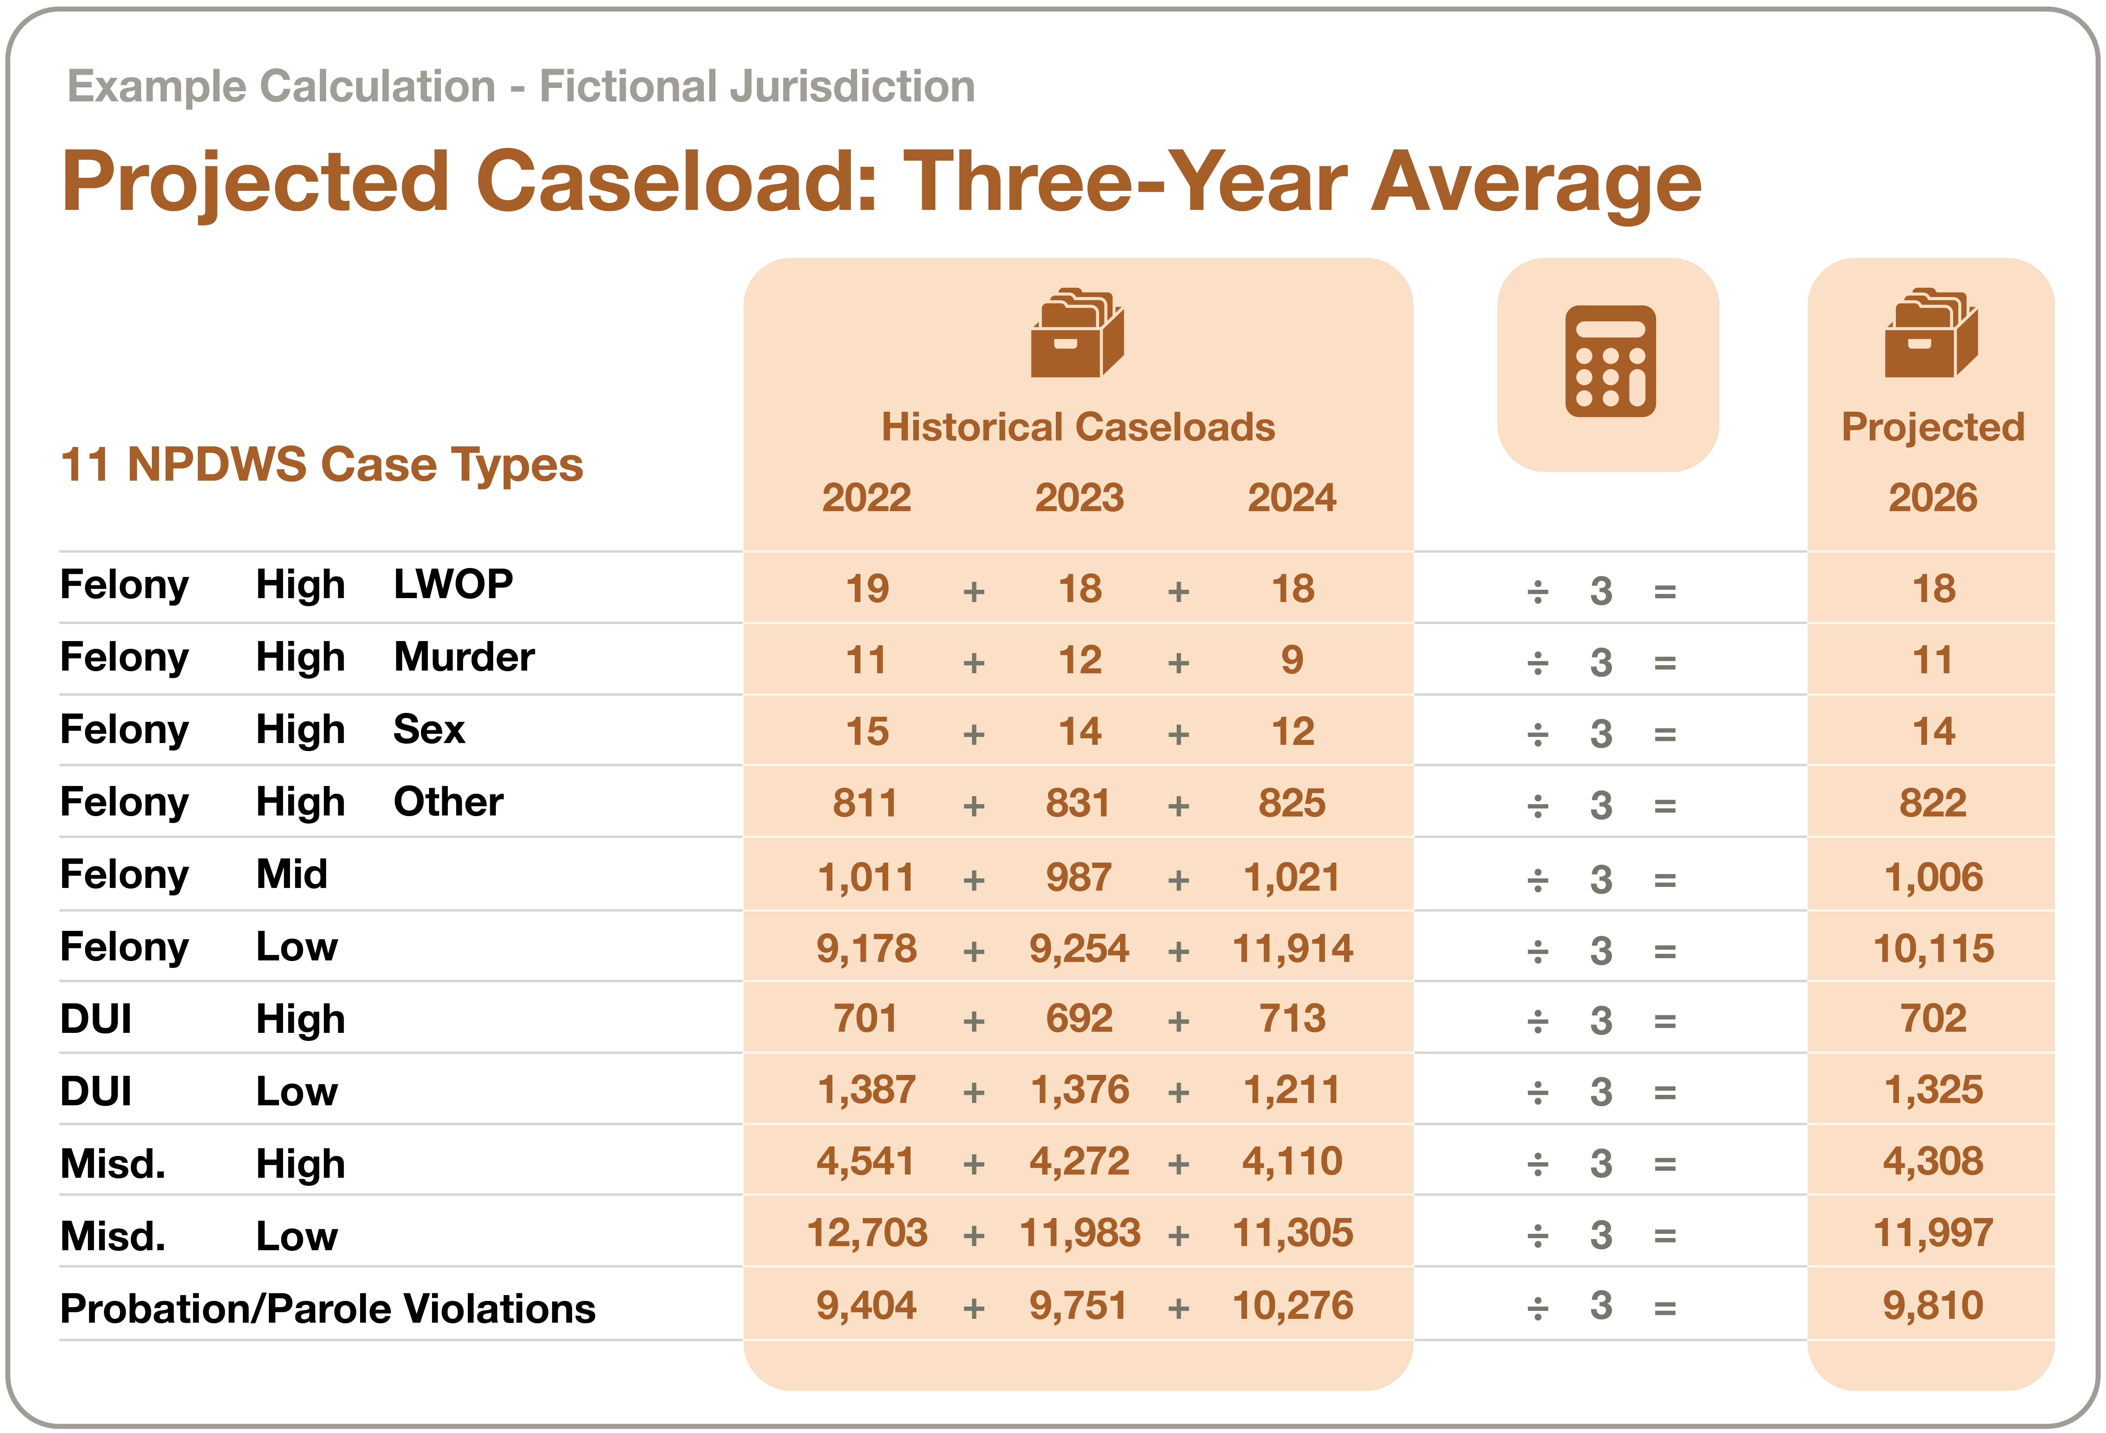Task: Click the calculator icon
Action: pos(1610,361)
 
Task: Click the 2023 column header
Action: pos(1079,497)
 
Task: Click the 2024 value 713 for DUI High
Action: pos(1292,1019)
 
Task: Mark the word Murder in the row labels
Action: pos(464,657)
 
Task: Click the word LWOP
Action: pos(453,584)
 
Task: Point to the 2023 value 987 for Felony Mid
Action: pos(1079,877)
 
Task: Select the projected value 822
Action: pos(1933,804)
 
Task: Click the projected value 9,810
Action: pos(1933,1305)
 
